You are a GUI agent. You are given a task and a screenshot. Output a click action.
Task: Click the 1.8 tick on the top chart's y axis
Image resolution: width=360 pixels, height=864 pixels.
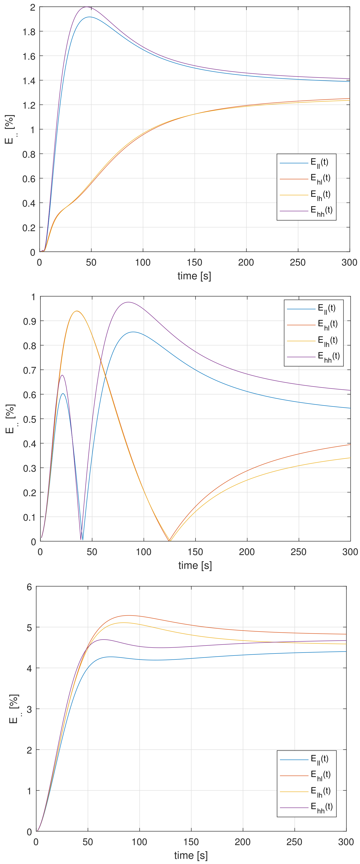point(29,32)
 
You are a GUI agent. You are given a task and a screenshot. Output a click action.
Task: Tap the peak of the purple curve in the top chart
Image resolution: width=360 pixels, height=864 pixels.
point(86,7)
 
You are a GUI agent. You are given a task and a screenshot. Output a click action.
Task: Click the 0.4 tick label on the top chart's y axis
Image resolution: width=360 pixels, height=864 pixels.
point(29,203)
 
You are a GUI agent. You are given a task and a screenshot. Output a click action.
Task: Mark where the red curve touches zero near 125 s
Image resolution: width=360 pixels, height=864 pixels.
point(169,540)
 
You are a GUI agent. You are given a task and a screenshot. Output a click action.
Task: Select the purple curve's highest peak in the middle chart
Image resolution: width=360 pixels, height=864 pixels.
point(128,302)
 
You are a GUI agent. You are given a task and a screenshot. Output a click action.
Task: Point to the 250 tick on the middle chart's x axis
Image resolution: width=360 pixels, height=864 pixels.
point(298,552)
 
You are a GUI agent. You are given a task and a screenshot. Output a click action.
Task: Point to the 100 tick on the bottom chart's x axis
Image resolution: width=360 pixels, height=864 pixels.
point(139,842)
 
